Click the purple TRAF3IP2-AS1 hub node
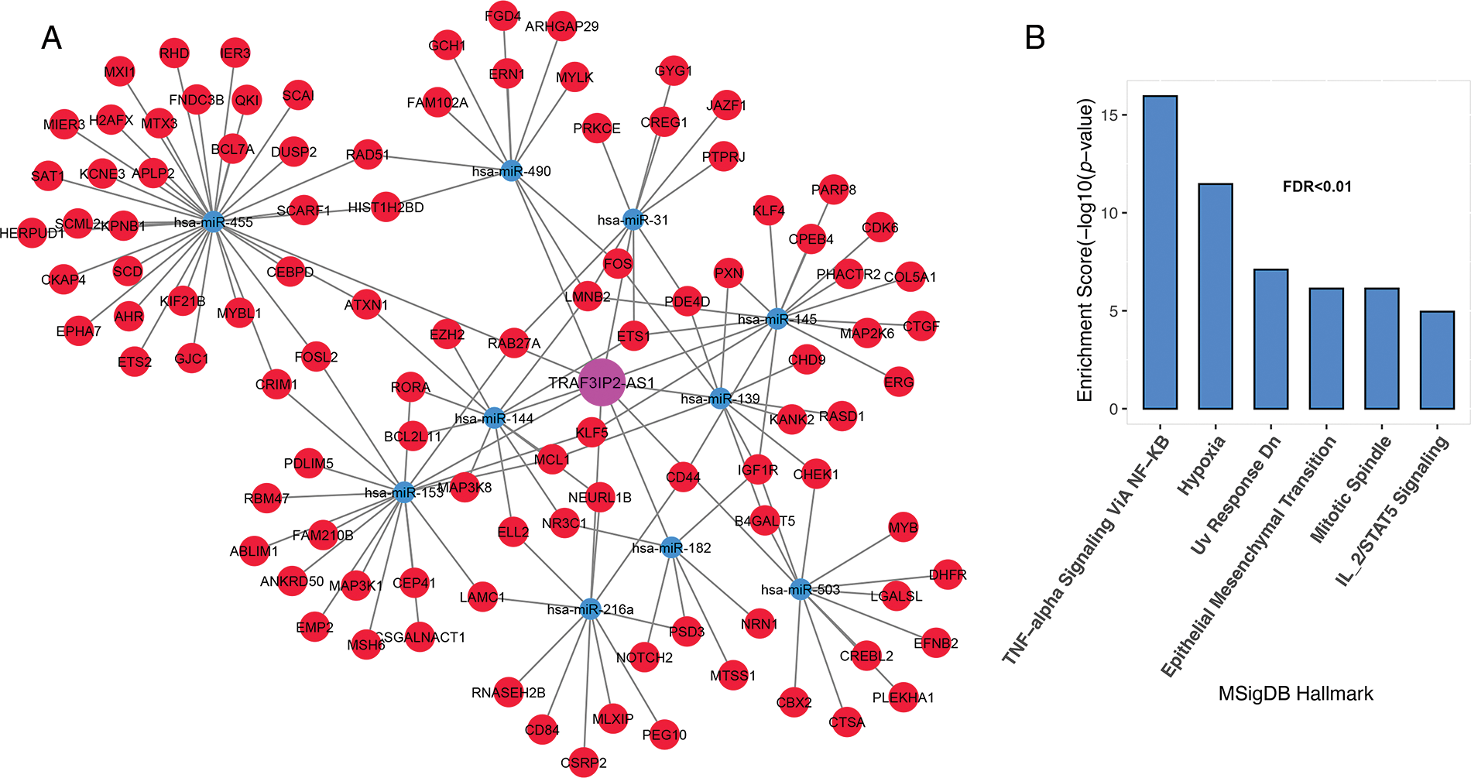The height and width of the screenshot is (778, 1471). (602, 382)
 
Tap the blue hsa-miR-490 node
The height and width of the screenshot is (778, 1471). (511, 171)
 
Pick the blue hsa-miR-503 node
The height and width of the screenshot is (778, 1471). (800, 589)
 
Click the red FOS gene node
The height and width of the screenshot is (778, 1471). (618, 264)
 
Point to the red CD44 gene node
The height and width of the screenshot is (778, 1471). (683, 477)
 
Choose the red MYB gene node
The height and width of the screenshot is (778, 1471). (903, 527)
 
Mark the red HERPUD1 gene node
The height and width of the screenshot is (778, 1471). (32, 232)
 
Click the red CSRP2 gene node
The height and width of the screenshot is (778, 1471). (584, 763)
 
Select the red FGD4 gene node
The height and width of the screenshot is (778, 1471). (502, 15)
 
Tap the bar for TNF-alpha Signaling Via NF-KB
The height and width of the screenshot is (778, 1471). (1160, 252)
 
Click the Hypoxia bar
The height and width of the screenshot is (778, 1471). (1216, 296)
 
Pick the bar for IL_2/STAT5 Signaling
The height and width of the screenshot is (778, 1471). (1437, 360)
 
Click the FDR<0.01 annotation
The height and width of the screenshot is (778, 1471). (1317, 187)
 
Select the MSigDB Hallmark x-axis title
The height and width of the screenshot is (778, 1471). (1295, 694)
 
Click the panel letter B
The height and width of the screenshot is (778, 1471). (1034, 37)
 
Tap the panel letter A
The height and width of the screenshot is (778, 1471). (51, 37)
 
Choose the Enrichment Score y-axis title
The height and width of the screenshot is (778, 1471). (1085, 250)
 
